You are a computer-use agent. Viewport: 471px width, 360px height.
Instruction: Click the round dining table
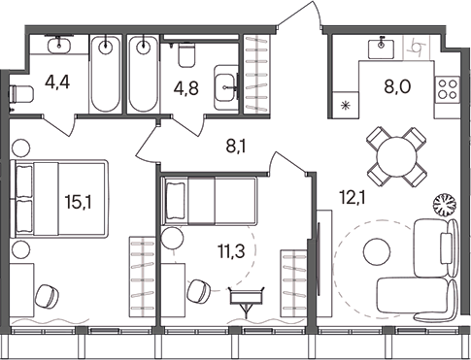396,154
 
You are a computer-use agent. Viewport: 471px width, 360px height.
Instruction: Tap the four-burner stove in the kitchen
448,90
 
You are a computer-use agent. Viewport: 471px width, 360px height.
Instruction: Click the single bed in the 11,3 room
209,201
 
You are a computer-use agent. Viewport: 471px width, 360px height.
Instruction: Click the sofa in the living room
413,301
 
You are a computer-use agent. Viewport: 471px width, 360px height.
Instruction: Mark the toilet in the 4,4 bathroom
18,94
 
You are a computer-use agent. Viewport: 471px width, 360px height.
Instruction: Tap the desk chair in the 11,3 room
199,289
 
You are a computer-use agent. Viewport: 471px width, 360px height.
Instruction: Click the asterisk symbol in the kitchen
347,109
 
